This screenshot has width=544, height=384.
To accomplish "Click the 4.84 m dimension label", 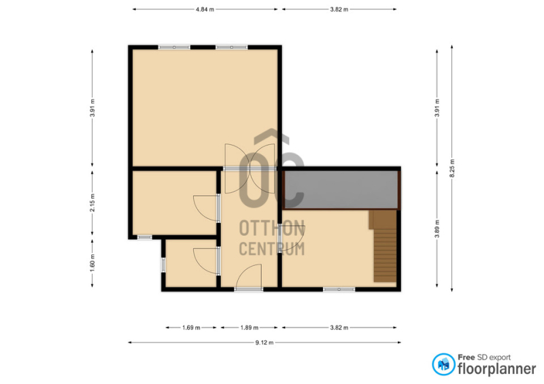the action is pyautogui.click(x=205, y=10).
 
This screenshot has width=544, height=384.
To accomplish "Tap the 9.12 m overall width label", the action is pyautogui.click(x=265, y=343).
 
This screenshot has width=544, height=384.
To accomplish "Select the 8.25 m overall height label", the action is pyautogui.click(x=452, y=169).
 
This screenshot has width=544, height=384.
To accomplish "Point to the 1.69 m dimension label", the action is pyautogui.click(x=191, y=328).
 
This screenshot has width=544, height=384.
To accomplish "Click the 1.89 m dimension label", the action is pyautogui.click(x=249, y=328).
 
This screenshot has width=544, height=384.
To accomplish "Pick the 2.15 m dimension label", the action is pyautogui.click(x=92, y=203).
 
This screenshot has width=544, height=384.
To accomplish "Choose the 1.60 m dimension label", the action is pyautogui.click(x=92, y=263).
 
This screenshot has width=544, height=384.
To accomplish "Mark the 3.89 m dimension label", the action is pyautogui.click(x=437, y=229).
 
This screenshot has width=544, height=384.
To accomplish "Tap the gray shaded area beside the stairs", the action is pyautogui.click(x=341, y=190).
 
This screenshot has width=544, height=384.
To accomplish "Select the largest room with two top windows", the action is pyautogui.click(x=205, y=108).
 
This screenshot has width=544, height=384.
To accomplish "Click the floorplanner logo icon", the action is pyautogui.click(x=443, y=364).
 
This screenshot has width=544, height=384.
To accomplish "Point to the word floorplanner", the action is pyautogui.click(x=497, y=368).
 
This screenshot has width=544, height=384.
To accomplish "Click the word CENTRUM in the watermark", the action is pyautogui.click(x=272, y=249).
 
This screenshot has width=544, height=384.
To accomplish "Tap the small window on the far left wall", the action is pyautogui.click(x=163, y=264).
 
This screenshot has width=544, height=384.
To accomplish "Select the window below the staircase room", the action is pyautogui.click(x=339, y=289).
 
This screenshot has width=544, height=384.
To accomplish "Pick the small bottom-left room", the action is pyautogui.click(x=191, y=263).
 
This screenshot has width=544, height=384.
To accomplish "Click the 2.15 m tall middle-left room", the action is pyautogui.click(x=175, y=203).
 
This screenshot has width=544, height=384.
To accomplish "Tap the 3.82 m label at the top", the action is pyautogui.click(x=339, y=10).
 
